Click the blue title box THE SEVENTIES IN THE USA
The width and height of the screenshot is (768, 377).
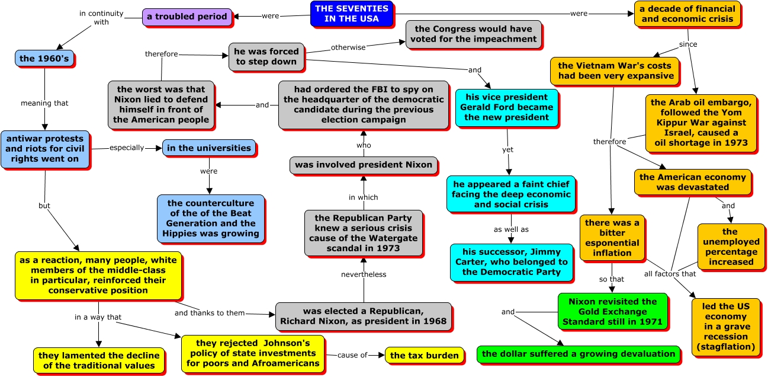pyautogui.click(x=352, y=14)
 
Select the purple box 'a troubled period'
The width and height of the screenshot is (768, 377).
pyautogui.click(x=187, y=17)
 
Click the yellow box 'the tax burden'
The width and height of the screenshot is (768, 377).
pyautogui.click(x=424, y=356)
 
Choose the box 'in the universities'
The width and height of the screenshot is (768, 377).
pyautogui.click(x=208, y=148)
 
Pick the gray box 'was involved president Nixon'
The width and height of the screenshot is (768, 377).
pyautogui.click(x=364, y=165)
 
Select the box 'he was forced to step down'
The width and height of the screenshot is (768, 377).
pyautogui.click(x=266, y=56)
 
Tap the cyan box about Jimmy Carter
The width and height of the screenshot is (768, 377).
pyautogui.click(x=511, y=262)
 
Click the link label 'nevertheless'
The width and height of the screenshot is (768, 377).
pyautogui.click(x=364, y=274)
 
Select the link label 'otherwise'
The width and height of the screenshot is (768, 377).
pyautogui.click(x=348, y=47)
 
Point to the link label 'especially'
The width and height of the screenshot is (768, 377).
pyautogui.click(x=127, y=148)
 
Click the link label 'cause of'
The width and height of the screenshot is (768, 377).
pyautogui.click(x=352, y=355)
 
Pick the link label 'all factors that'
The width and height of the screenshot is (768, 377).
pyautogui.click(x=670, y=274)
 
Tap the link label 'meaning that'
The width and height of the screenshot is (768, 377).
pyautogui.click(x=44, y=103)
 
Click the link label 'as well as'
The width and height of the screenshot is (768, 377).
pyautogui.click(x=511, y=229)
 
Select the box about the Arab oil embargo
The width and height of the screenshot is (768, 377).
pyautogui.click(x=700, y=123)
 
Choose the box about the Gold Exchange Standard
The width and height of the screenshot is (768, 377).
pyautogui.click(x=612, y=312)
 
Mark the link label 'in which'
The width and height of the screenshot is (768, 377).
pyautogui.click(x=363, y=197)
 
